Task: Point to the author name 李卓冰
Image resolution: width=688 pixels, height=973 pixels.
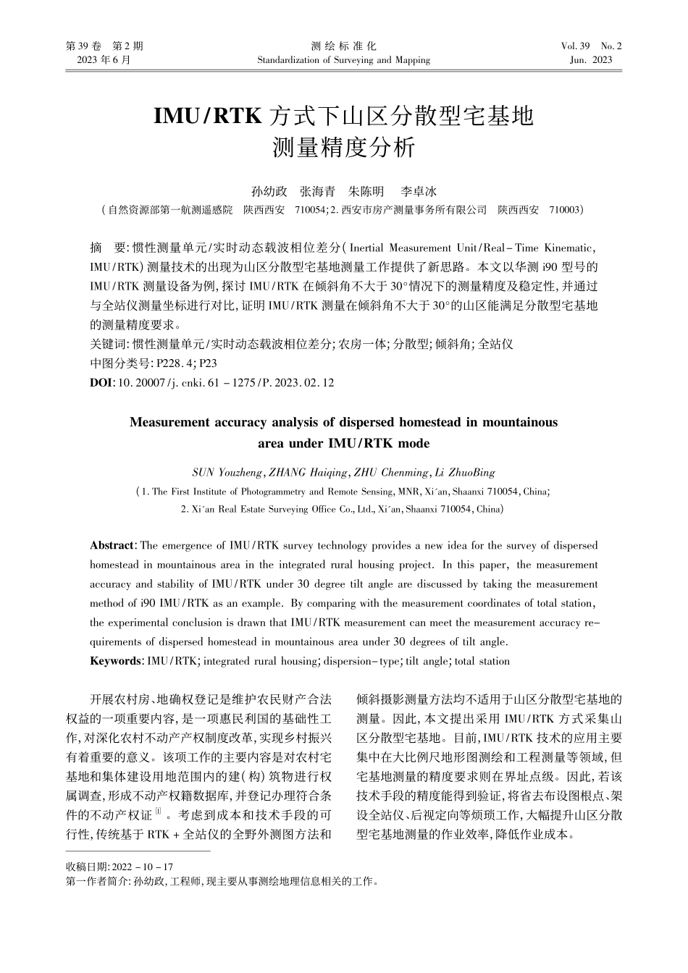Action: click(419, 192)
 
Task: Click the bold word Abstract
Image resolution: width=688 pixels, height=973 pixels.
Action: click(112, 545)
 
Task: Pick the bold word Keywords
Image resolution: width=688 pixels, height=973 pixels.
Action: click(115, 661)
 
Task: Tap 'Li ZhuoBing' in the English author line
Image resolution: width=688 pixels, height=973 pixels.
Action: click(463, 473)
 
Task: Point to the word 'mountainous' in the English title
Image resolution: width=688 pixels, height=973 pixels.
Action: click(521, 421)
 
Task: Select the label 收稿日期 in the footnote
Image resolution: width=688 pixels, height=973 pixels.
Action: click(86, 867)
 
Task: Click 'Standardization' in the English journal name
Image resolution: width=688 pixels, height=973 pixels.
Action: click(288, 60)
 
